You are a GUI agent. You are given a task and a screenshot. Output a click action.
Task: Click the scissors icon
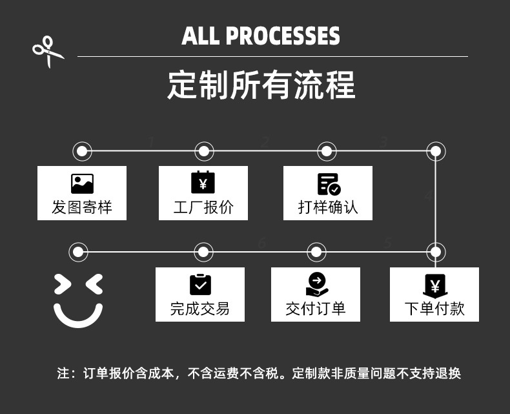[48, 51]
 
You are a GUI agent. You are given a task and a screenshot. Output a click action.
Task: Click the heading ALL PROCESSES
[261, 36]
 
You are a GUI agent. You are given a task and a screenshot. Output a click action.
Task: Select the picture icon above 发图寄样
[82, 184]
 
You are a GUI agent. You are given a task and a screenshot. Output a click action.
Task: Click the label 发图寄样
[82, 207]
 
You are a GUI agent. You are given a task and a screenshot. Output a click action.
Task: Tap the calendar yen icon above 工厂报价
[203, 183]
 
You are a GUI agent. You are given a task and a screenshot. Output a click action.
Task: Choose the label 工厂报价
[203, 207]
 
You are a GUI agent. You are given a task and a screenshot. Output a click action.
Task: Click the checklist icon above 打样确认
[328, 184]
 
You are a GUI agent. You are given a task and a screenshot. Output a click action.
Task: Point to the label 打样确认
[328, 207]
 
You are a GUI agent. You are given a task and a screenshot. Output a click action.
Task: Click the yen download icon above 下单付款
[434, 286]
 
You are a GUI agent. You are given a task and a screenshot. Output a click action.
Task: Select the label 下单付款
[434, 309]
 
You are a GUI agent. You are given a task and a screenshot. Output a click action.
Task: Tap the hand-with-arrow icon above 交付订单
[316, 284]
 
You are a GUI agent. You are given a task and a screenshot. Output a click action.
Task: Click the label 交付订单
[316, 309]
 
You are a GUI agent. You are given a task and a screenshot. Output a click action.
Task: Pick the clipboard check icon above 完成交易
[200, 284]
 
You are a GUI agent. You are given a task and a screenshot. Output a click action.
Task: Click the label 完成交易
[200, 309]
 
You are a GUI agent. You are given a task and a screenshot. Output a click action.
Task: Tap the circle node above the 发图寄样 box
[82, 151]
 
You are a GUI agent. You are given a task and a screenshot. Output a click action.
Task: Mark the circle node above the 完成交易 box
[203, 251]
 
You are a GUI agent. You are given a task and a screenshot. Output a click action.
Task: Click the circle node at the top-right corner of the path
[436, 151]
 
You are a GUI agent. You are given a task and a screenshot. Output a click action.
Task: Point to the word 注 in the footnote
[63, 373]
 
